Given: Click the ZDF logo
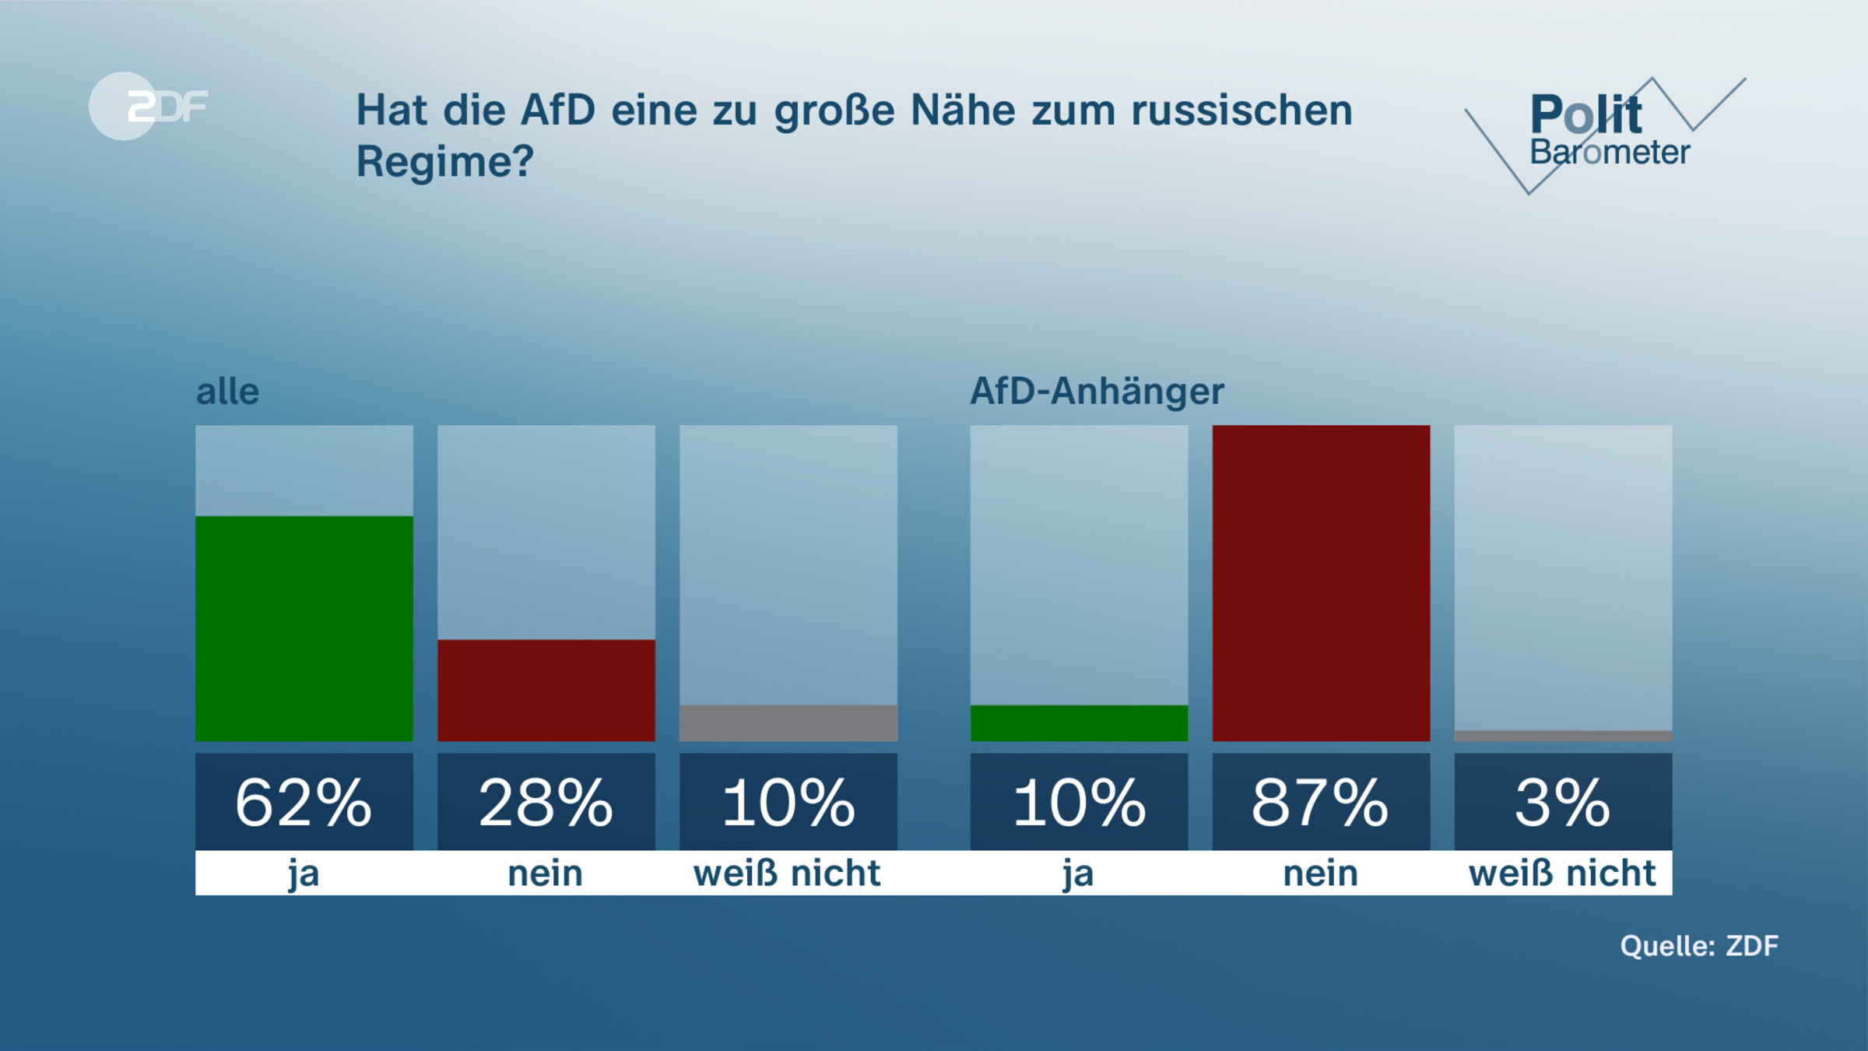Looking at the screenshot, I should point(148,106).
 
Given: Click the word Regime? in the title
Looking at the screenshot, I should point(444,162).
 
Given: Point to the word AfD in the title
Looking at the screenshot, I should point(557,111).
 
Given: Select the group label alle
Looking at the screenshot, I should point(227,392).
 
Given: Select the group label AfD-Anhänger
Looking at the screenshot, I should point(1096,391).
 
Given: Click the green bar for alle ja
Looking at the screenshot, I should point(304,628).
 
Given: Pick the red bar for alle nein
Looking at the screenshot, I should point(546,690).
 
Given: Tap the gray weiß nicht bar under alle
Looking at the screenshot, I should point(788,723).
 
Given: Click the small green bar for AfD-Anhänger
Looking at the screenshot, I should point(1079,723).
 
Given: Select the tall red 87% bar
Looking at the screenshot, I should point(1321,583).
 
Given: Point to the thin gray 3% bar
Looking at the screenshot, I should point(1563,736).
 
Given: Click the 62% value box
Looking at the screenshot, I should point(304,802).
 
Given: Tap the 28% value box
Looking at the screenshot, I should point(546,802).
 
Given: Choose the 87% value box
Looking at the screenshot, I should point(1321,802).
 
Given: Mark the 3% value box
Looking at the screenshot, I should point(1563,802).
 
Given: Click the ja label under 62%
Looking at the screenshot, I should point(304,873).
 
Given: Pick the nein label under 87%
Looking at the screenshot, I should point(1320,873).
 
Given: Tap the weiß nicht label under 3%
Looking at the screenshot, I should point(1562,873).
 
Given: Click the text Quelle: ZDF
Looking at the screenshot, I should point(1699,946).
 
